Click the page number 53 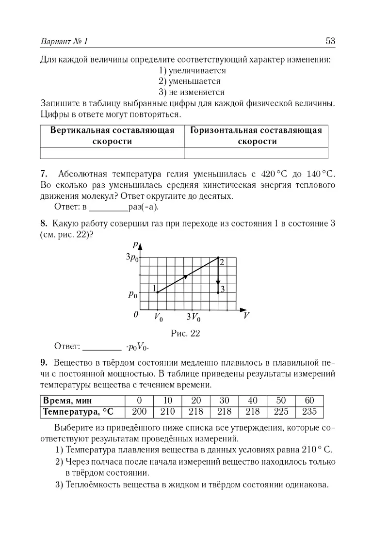[x=331, y=41]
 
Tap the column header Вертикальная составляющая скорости [x=112, y=136]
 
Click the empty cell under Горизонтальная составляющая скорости [x=256, y=153]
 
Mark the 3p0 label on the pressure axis [x=132, y=258]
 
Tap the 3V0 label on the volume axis [x=193, y=318]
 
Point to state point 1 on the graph [x=158, y=292]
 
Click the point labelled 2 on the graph [x=218, y=258]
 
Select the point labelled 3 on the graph [x=218, y=292]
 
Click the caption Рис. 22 [x=185, y=333]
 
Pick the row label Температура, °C [x=78, y=412]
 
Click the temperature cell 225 [x=281, y=412]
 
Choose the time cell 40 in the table [x=253, y=401]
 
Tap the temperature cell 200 [x=140, y=412]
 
